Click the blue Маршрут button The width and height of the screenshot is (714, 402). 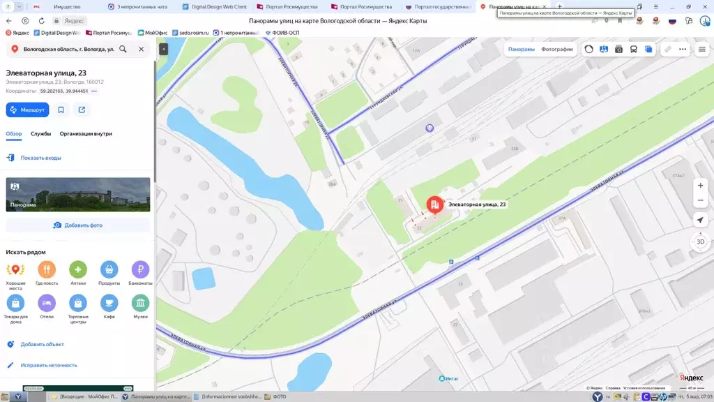tap(28, 110)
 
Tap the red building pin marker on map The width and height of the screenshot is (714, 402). tap(434, 204)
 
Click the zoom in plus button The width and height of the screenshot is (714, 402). tap(700, 185)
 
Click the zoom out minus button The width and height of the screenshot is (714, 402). tap(700, 200)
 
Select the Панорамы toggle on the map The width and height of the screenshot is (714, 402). tap(521, 50)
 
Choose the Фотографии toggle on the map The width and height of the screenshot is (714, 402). tap(556, 50)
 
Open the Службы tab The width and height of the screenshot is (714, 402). tap(40, 134)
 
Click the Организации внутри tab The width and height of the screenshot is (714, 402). tap(86, 134)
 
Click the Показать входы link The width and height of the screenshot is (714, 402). tap(40, 158)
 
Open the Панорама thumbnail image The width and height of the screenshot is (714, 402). tap(78, 194)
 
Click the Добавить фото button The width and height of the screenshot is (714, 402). tap(78, 225)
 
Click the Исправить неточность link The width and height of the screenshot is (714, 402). tap(49, 365)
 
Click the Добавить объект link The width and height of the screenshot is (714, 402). tap(42, 344)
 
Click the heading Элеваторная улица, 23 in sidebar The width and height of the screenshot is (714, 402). tap(46, 73)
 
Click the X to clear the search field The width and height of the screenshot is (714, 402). tap(141, 50)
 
